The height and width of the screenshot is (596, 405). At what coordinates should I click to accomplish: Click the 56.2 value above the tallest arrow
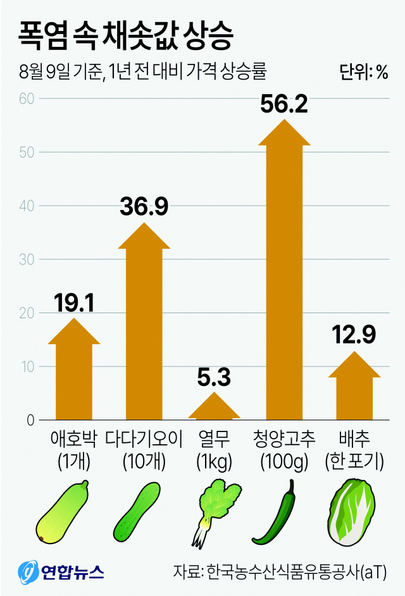pyautogui.click(x=284, y=102)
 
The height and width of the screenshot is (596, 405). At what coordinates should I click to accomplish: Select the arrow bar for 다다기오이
pyautogui.click(x=144, y=329)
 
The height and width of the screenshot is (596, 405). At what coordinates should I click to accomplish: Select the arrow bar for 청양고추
pyautogui.click(x=285, y=272)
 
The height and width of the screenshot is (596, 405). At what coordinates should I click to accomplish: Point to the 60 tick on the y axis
pyautogui.click(x=26, y=99)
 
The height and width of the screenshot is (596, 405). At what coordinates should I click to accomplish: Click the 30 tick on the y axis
pyautogui.click(x=26, y=259)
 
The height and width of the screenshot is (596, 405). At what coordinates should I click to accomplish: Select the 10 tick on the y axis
pyautogui.click(x=26, y=366)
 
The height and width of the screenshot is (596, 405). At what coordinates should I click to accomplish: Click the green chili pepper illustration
pyautogui.click(x=276, y=513)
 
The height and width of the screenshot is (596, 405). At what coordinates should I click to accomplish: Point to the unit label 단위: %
pyautogui.click(x=363, y=72)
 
